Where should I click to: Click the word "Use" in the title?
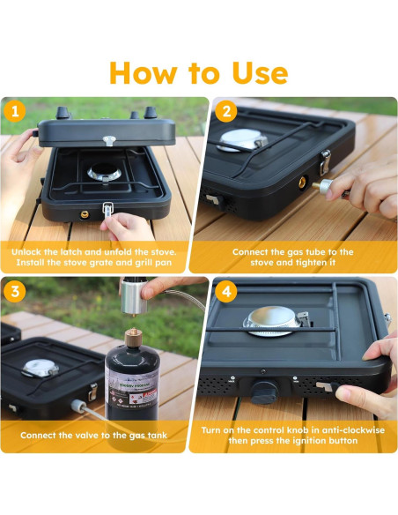tap(261, 73)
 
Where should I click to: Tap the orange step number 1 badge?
tap(15, 112)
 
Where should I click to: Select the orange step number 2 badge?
tap(226, 112)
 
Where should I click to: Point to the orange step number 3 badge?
tap(15, 292)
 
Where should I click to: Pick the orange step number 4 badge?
tap(226, 292)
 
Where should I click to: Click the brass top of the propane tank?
tap(133, 336)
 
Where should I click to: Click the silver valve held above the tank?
tap(134, 296)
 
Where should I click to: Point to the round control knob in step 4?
tap(264, 392)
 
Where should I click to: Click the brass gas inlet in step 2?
tap(302, 182)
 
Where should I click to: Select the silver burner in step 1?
tap(104, 172)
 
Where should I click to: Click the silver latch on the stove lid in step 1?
tap(108, 141)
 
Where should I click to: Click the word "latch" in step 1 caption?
tap(70, 252)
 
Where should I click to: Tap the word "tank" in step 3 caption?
tap(158, 436)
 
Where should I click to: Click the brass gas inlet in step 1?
tap(85, 215)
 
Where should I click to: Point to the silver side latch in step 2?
tap(325, 161)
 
